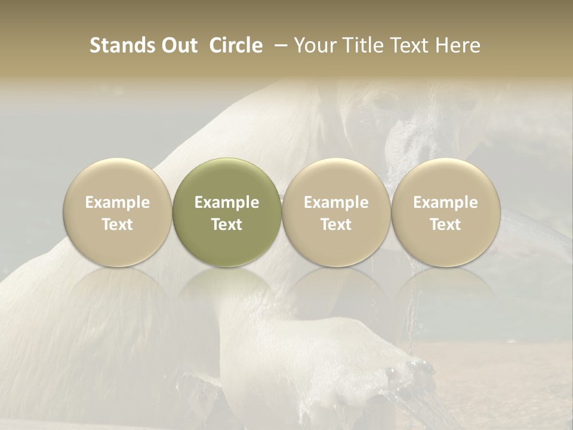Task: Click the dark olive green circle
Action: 227,212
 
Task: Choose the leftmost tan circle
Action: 118,212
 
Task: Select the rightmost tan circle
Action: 445,212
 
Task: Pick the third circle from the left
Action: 336,212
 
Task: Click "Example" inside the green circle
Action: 227,202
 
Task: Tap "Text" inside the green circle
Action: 227,225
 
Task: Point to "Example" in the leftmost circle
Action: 118,202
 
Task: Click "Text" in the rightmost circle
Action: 445,225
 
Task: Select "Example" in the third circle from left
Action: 336,202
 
